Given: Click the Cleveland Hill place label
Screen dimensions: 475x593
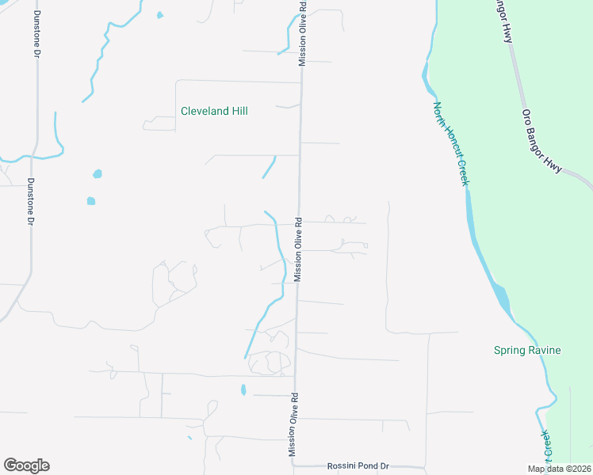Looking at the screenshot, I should coord(214,112).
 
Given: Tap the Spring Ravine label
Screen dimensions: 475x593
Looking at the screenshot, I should coord(527,350).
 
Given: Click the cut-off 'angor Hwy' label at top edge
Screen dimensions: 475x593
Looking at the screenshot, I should coord(504,21).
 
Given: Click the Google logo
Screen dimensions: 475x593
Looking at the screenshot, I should coord(26,465).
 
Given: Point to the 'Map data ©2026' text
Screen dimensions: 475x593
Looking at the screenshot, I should coord(559,469).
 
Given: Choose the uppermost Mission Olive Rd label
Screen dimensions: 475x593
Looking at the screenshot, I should coord(302,32).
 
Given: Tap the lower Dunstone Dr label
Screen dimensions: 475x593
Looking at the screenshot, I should coord(30,202).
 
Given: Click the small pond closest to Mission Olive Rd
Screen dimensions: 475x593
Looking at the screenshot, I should coord(243,389).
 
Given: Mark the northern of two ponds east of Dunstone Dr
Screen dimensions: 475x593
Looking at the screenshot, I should coord(98,174).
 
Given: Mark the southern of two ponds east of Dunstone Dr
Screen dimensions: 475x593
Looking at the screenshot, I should coord(91,201).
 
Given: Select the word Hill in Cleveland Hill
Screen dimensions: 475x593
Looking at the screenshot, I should coord(238,112).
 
